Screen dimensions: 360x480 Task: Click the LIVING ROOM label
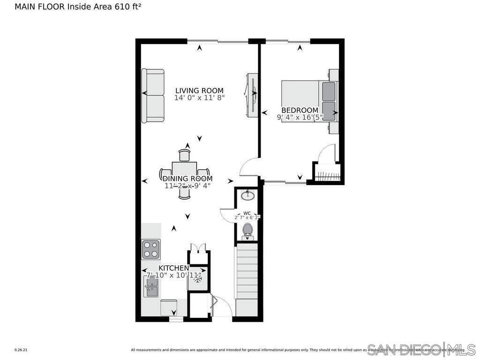coord(199,90)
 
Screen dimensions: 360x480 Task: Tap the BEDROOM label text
coord(300,110)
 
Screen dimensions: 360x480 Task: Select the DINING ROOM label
coord(187,179)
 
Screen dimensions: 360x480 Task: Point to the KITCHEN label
coord(173,268)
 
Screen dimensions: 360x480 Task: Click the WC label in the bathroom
coord(247,213)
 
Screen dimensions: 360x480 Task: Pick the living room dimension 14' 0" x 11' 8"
coord(199,98)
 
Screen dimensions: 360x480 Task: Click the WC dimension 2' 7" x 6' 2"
coord(247,217)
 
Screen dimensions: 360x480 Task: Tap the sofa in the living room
coord(153,96)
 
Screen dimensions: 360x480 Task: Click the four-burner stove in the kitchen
coord(151,249)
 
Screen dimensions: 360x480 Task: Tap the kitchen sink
coord(150,286)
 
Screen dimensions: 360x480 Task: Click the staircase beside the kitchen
coord(247,277)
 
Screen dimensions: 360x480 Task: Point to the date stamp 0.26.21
coord(21,350)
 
